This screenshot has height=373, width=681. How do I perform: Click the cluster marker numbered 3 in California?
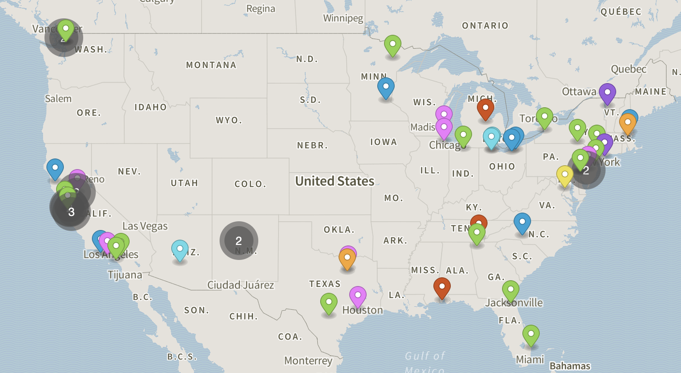point(71,211)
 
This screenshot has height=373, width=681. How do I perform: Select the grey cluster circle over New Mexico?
point(238,241)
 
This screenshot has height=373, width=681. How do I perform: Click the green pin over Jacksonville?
point(510,291)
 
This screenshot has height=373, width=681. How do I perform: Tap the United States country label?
point(335,181)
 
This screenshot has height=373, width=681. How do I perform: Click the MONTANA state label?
point(211,65)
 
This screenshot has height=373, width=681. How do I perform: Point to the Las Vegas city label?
point(145,226)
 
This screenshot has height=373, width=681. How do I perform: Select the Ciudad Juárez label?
point(240,285)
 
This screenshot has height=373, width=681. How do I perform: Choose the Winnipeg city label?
point(343,18)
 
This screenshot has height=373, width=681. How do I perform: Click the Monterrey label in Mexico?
point(308,360)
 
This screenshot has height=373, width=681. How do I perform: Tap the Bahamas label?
point(570,366)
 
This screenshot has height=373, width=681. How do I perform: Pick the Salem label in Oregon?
point(58,99)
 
